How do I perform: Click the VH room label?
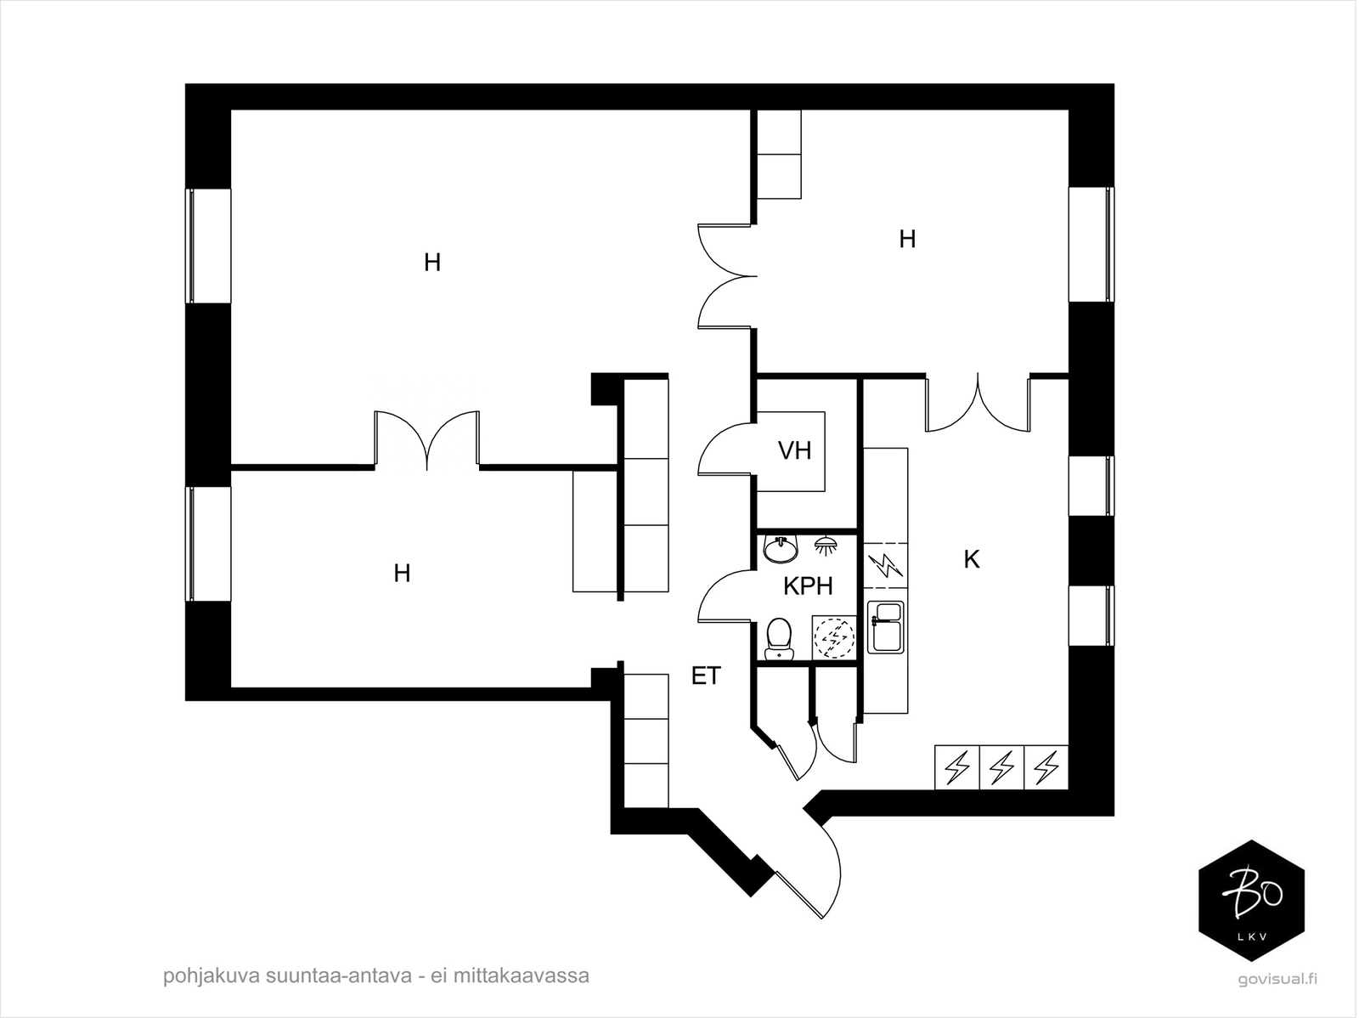click(x=795, y=450)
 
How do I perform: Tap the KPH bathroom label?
click(x=807, y=586)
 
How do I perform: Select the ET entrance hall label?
click(x=706, y=676)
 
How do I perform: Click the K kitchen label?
click(x=972, y=560)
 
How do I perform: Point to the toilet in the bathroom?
click(x=778, y=638)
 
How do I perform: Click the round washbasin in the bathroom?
click(x=780, y=550)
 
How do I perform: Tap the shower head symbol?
click(x=825, y=545)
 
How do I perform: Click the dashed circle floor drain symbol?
click(x=833, y=638)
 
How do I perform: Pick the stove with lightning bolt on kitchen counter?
click(x=886, y=565)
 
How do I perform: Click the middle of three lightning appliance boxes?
click(x=1002, y=768)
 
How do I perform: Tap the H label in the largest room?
click(x=432, y=263)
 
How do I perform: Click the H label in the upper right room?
click(x=907, y=240)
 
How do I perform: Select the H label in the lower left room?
click(x=402, y=574)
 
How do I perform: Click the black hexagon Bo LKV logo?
click(x=1250, y=901)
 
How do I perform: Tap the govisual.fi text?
click(x=1277, y=978)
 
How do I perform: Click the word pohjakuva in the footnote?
click(x=201, y=976)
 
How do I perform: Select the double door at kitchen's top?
click(x=978, y=404)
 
